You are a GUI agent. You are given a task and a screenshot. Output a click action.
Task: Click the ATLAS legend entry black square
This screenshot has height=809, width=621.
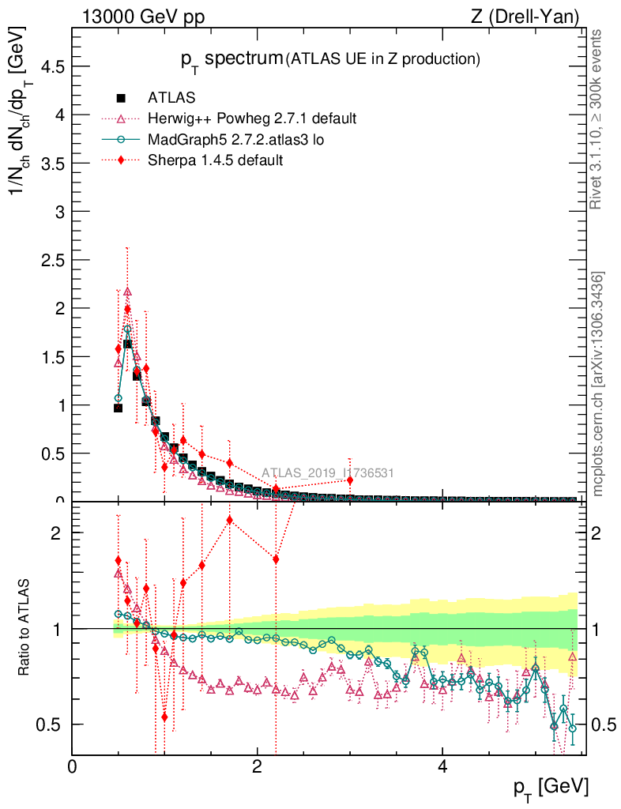tap(121, 98)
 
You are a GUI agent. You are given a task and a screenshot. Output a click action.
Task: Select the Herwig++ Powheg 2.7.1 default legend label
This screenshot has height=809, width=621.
tap(252, 119)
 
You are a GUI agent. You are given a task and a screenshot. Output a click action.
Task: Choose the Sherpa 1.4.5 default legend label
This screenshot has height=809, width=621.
tap(216, 160)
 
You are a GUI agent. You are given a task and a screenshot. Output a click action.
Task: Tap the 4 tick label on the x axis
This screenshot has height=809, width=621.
tap(442, 768)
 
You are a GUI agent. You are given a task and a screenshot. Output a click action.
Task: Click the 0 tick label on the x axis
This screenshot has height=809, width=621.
tap(73, 768)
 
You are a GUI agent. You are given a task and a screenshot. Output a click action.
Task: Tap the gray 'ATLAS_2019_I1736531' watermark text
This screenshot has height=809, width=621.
tap(328, 473)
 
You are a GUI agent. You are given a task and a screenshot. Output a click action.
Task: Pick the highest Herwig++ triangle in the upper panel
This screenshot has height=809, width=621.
tap(127, 292)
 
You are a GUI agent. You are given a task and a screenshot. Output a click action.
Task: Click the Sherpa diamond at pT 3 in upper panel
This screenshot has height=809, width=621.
tap(350, 480)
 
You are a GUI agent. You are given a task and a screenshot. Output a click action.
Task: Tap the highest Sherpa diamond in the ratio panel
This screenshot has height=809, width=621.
tap(229, 519)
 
